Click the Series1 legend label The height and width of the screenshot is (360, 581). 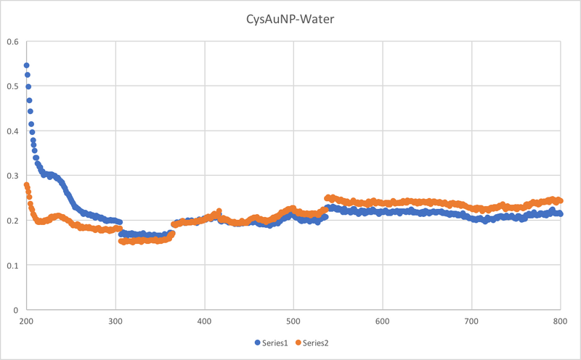click(273, 342)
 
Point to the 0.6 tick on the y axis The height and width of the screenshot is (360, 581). click(12, 41)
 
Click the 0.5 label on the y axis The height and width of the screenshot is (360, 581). click(12, 86)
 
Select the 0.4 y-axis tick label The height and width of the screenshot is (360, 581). click(12, 131)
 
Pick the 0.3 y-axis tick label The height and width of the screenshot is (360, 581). click(12, 176)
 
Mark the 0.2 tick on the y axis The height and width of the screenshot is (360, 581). click(12, 220)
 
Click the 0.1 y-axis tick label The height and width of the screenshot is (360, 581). click(12, 265)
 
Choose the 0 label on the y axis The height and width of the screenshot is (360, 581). click(15, 309)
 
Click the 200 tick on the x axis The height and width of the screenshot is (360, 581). click(26, 321)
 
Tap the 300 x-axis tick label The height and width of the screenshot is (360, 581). click(115, 321)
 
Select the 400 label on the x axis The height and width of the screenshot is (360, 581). click(204, 321)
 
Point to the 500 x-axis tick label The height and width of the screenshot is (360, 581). click(293, 321)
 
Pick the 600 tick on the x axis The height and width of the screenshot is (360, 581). click(382, 321)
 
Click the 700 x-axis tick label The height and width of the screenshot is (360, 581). click(471, 321)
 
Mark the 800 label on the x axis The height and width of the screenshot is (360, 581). click(560, 321)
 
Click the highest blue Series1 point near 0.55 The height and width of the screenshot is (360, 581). click(27, 65)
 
